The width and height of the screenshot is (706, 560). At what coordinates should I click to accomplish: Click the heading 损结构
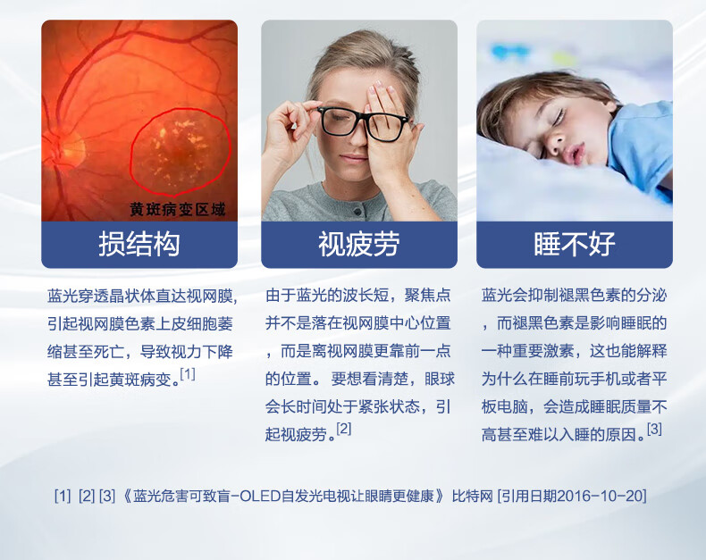click(139, 244)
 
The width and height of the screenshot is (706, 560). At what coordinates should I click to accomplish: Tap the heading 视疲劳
click(359, 244)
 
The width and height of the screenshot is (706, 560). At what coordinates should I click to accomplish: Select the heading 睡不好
click(575, 244)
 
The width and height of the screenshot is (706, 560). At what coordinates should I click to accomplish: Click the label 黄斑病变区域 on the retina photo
click(178, 209)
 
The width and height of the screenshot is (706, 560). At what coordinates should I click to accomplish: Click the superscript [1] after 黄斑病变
click(188, 373)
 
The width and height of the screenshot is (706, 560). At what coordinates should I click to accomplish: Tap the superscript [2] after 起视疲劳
click(343, 429)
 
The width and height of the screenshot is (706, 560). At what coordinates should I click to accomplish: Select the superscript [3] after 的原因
click(654, 429)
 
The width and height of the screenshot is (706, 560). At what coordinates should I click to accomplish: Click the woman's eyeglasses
click(363, 122)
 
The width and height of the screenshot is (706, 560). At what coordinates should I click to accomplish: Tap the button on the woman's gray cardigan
click(358, 211)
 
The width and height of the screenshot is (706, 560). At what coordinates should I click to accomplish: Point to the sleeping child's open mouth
click(575, 153)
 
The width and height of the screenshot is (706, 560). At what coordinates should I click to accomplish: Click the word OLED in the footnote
click(260, 496)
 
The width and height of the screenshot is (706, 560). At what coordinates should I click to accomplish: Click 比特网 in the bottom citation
click(473, 496)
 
